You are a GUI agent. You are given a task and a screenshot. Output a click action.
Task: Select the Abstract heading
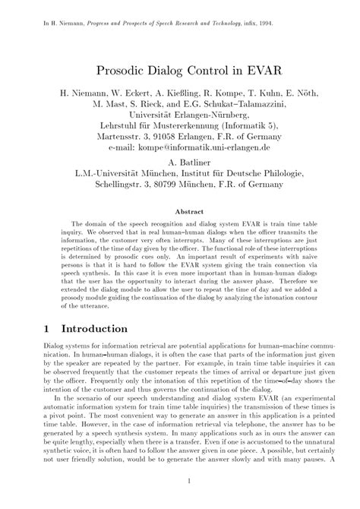point(180,211)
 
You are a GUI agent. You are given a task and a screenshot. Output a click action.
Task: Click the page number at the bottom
point(180,482)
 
